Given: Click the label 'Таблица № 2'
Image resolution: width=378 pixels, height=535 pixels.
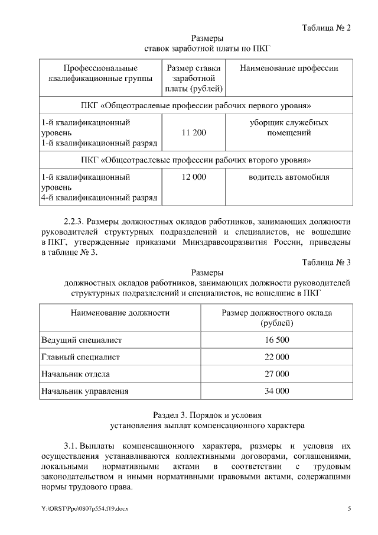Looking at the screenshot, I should pos(327,28).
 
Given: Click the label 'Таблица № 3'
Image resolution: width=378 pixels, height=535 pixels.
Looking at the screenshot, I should pos(327,262).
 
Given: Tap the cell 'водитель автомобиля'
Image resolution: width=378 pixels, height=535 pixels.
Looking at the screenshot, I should pos(289,177).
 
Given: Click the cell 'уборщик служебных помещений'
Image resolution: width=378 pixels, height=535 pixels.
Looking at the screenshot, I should pos(289,128).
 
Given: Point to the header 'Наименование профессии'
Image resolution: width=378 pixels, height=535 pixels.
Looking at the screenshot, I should pos(289,68).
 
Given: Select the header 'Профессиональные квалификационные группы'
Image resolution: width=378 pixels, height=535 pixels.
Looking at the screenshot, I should pos(100,73).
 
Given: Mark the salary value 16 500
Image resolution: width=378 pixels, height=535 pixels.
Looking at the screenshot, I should pos(276,340).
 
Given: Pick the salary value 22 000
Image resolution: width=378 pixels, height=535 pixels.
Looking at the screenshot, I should pos(276,357).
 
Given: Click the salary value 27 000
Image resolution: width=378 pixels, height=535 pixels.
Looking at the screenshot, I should pos(276,374).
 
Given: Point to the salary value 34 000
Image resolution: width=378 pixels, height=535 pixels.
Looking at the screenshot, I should pos(276,391).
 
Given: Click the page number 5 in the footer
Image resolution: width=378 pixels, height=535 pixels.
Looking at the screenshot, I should pos(349,509).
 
